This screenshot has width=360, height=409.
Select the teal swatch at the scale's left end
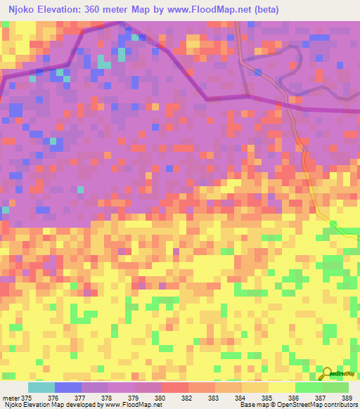click(41, 387)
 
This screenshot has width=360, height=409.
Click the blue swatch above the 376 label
click(68, 387)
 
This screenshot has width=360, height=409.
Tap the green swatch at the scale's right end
click(335, 387)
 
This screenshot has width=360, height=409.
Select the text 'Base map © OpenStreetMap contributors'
click(297, 405)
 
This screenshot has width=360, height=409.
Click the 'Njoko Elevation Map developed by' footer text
click(51, 405)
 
